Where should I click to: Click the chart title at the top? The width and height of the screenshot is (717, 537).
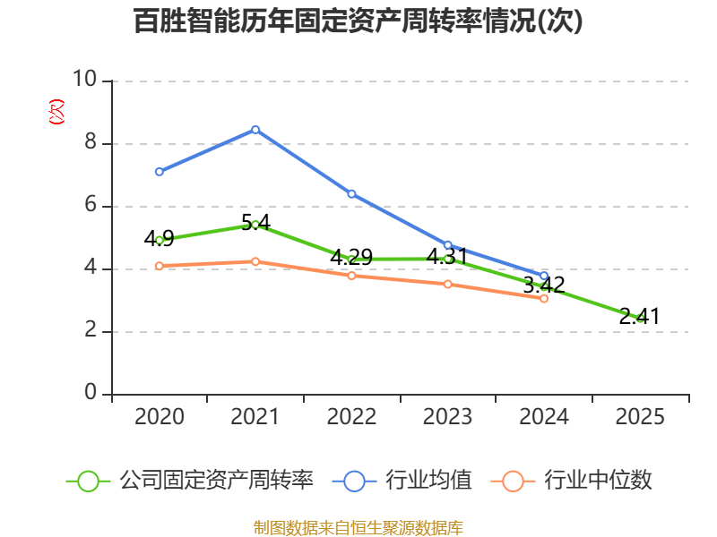point(358,21)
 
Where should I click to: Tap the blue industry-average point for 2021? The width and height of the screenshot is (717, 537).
point(255,130)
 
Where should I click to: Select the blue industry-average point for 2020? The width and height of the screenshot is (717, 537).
point(160,172)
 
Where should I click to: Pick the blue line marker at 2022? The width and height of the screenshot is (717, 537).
point(351,194)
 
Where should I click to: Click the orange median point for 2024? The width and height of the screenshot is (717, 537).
point(544,299)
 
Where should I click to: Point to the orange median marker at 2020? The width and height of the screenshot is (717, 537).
point(160,266)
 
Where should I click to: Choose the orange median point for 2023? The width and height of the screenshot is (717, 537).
point(447,285)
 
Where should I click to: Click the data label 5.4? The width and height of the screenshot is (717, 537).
point(255,222)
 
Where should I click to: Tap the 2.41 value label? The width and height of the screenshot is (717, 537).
point(640,317)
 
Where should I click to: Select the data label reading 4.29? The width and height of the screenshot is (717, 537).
point(351,257)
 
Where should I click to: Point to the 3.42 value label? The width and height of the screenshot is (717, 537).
point(544,285)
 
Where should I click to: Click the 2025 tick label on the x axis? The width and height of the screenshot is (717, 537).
point(640,416)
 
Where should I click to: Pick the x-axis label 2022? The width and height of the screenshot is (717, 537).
point(351,416)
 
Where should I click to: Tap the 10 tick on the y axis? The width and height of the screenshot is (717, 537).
point(84,79)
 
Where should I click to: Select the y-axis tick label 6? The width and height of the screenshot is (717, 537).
point(91,205)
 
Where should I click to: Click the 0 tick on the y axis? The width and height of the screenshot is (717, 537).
point(91,393)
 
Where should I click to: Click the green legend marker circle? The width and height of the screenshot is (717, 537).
point(88,482)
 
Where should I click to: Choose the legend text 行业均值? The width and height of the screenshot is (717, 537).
point(428,481)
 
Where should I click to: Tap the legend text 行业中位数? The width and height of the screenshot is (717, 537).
point(598,481)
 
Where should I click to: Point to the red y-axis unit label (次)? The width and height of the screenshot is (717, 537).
point(56,111)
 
